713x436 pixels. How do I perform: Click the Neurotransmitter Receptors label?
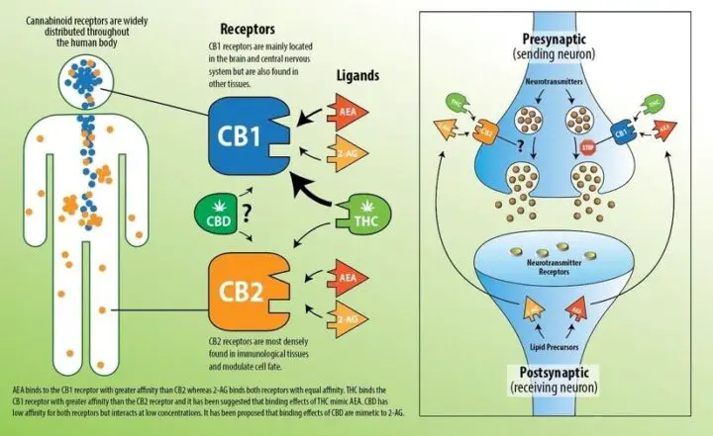point(560,272)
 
